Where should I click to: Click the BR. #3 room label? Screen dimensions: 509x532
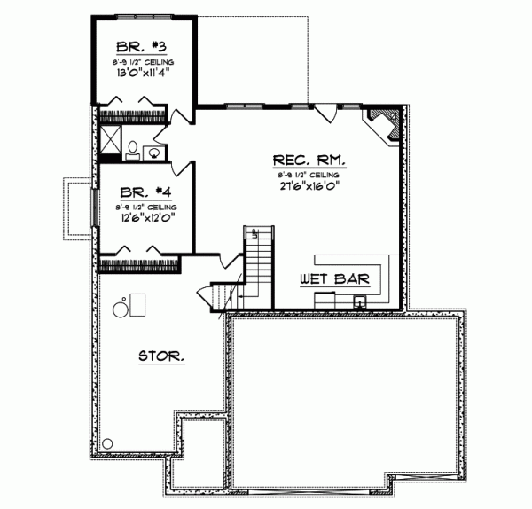coord(145,46)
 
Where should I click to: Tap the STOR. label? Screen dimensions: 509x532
coord(162,356)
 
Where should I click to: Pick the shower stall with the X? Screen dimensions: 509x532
coord(111,137)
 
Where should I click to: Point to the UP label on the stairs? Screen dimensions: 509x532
coord(255,234)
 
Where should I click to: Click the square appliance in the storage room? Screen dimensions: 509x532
coord(137,304)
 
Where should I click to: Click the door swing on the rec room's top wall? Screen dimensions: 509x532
coord(326,114)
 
